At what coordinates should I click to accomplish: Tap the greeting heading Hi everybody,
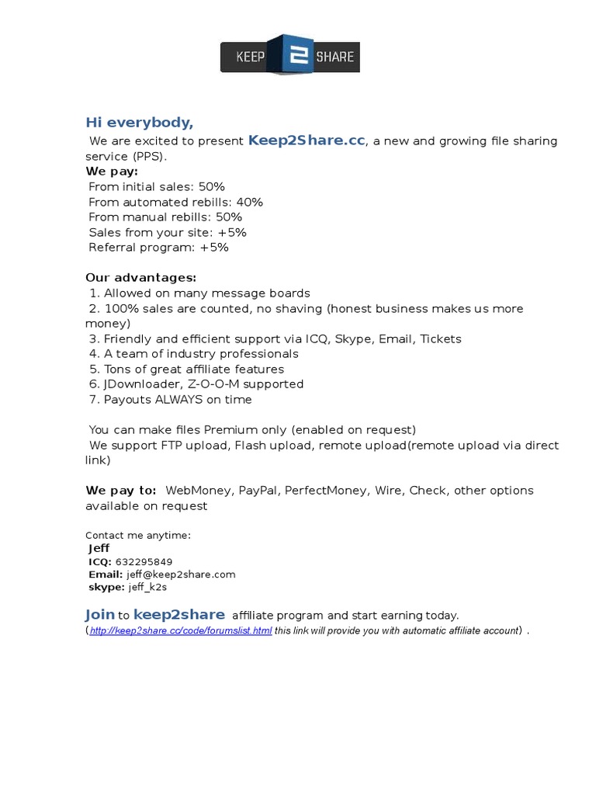coord(139,123)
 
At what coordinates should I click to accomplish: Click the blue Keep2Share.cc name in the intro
coord(306,141)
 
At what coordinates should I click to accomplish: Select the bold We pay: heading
coord(112,171)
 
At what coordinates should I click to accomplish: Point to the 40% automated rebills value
coord(250,202)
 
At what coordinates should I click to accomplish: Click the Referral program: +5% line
coord(158,248)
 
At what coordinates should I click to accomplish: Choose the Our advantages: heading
coord(140,278)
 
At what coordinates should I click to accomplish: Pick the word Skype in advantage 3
coord(354,339)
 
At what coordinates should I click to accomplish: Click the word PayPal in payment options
coord(258,491)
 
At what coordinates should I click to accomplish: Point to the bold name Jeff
coord(99,548)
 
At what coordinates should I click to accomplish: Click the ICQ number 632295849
coord(144,561)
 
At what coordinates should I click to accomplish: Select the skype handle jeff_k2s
coord(147,588)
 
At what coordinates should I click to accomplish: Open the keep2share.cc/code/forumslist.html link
coord(181,630)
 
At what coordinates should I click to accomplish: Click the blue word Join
coord(100,615)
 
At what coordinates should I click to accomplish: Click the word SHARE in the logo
coord(334,57)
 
